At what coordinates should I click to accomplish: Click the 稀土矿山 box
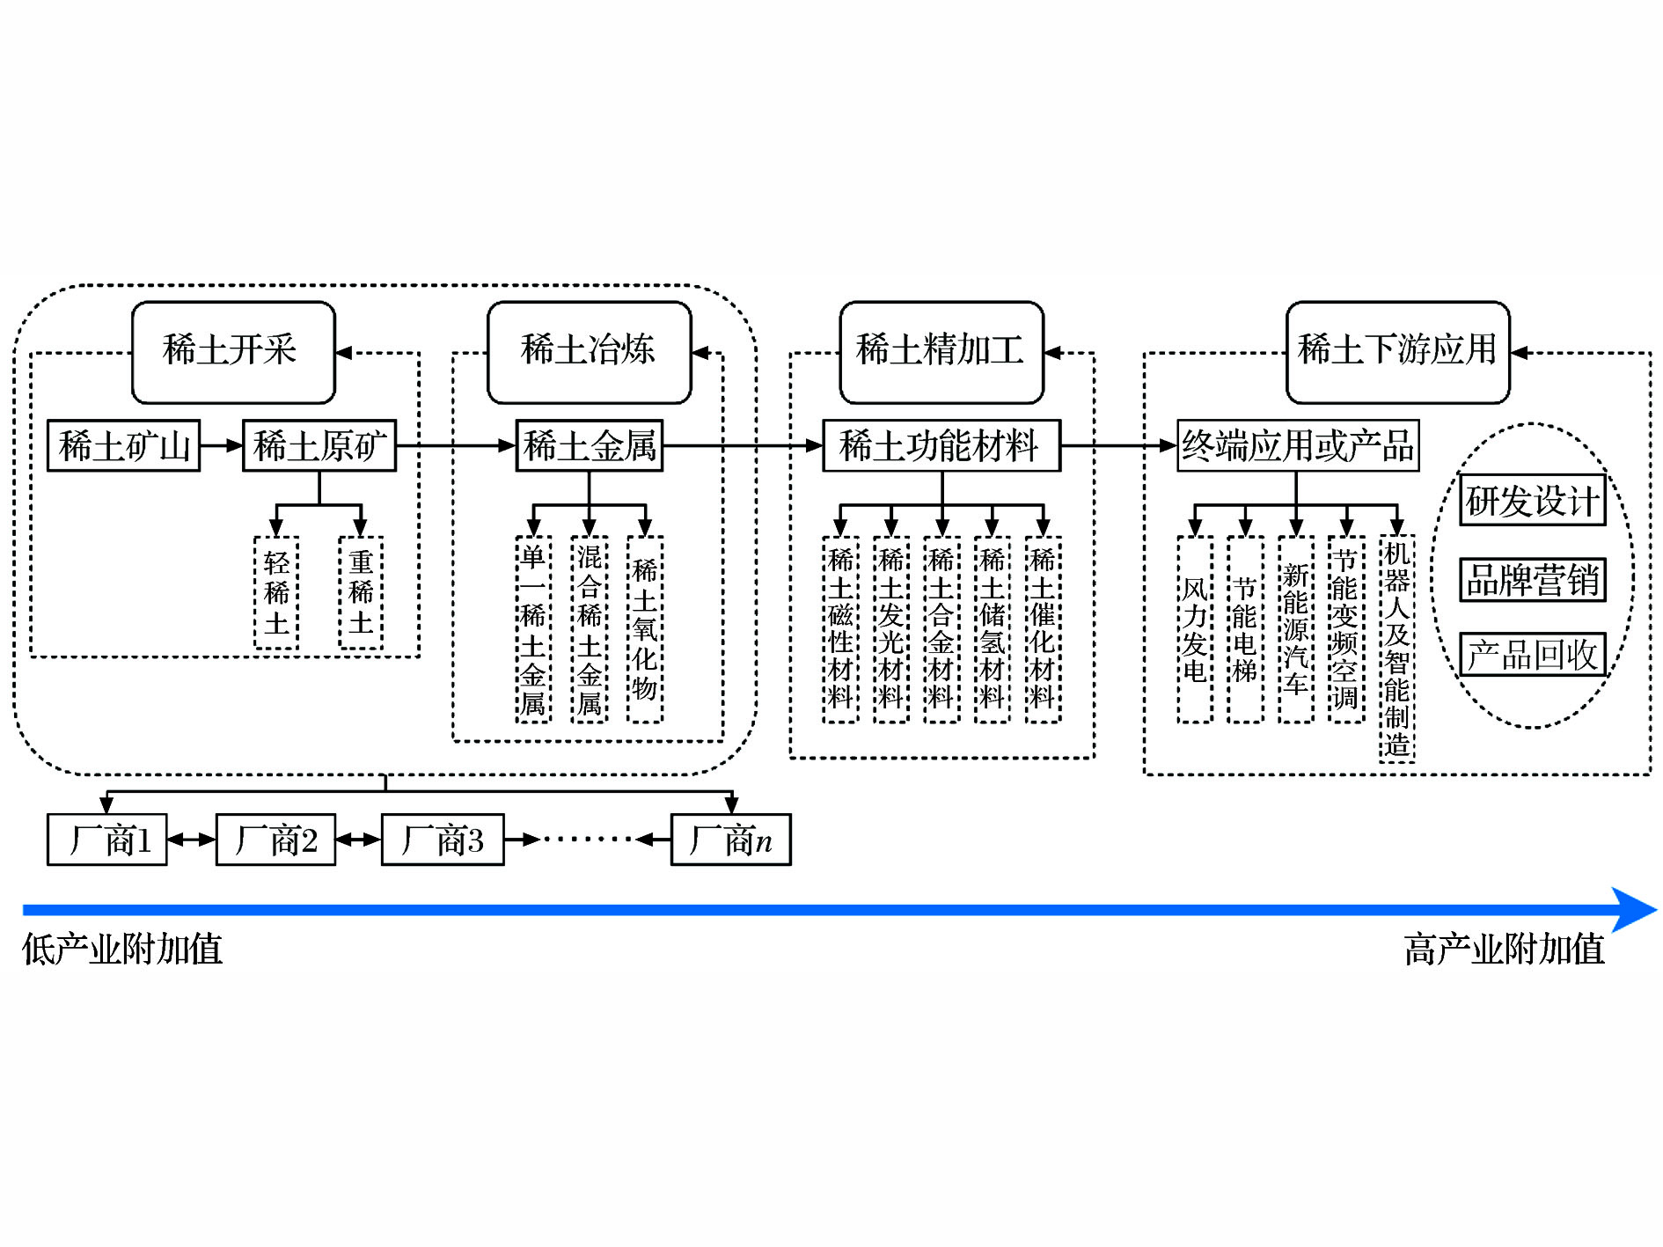(123, 446)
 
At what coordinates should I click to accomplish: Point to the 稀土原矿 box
(319, 446)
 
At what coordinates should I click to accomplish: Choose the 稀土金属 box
(590, 446)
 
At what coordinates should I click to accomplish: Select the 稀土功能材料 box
(941, 446)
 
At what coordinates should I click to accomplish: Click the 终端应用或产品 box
(1298, 446)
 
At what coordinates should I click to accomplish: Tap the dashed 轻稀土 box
(276, 593)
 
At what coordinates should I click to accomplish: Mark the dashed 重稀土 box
(361, 593)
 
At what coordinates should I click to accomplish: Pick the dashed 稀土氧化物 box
(645, 629)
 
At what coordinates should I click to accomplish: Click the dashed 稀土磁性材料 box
(840, 629)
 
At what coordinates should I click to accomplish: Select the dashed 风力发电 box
(1194, 629)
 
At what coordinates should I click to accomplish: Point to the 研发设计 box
(1532, 501)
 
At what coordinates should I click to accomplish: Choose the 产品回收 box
(1532, 655)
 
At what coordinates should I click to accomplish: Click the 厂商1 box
(107, 840)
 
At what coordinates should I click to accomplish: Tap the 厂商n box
(730, 840)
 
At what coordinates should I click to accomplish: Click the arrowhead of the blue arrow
(1635, 910)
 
